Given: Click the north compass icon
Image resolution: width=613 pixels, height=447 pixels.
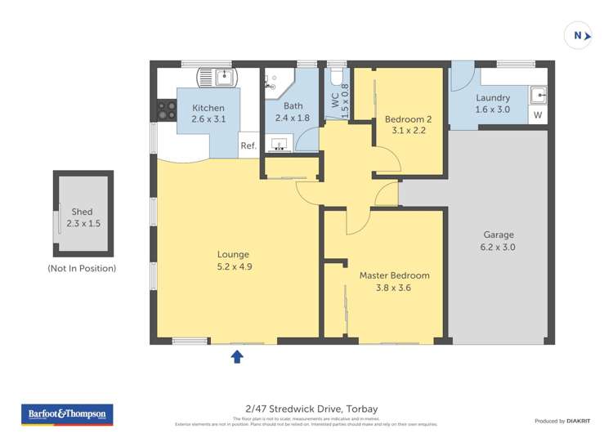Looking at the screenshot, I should point(578,35).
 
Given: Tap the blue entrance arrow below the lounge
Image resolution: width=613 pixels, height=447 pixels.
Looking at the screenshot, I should point(237,356).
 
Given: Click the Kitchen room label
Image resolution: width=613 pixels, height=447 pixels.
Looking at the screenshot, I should point(208,109).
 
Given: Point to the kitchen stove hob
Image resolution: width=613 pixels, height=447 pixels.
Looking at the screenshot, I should point(166,110).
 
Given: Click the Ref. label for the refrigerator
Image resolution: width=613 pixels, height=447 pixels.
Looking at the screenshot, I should point(248,146).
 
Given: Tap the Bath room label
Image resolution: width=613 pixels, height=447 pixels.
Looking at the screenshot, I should point(293,106).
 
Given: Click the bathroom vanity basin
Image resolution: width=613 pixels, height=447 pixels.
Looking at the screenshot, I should point(280,145).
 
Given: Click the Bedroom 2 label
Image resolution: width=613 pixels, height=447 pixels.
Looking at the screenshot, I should point(408,119).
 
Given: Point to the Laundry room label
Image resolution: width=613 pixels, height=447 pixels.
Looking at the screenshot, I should point(492,98).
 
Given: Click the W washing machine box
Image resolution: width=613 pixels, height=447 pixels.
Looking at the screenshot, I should point(537,115).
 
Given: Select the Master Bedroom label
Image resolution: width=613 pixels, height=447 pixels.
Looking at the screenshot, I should point(394,275).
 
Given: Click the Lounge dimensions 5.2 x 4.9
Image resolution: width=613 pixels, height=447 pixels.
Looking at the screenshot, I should point(233,266).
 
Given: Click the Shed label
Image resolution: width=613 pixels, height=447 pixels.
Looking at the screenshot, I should point(82,212).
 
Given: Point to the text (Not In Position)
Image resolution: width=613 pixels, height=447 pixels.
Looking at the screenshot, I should point(82,268).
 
